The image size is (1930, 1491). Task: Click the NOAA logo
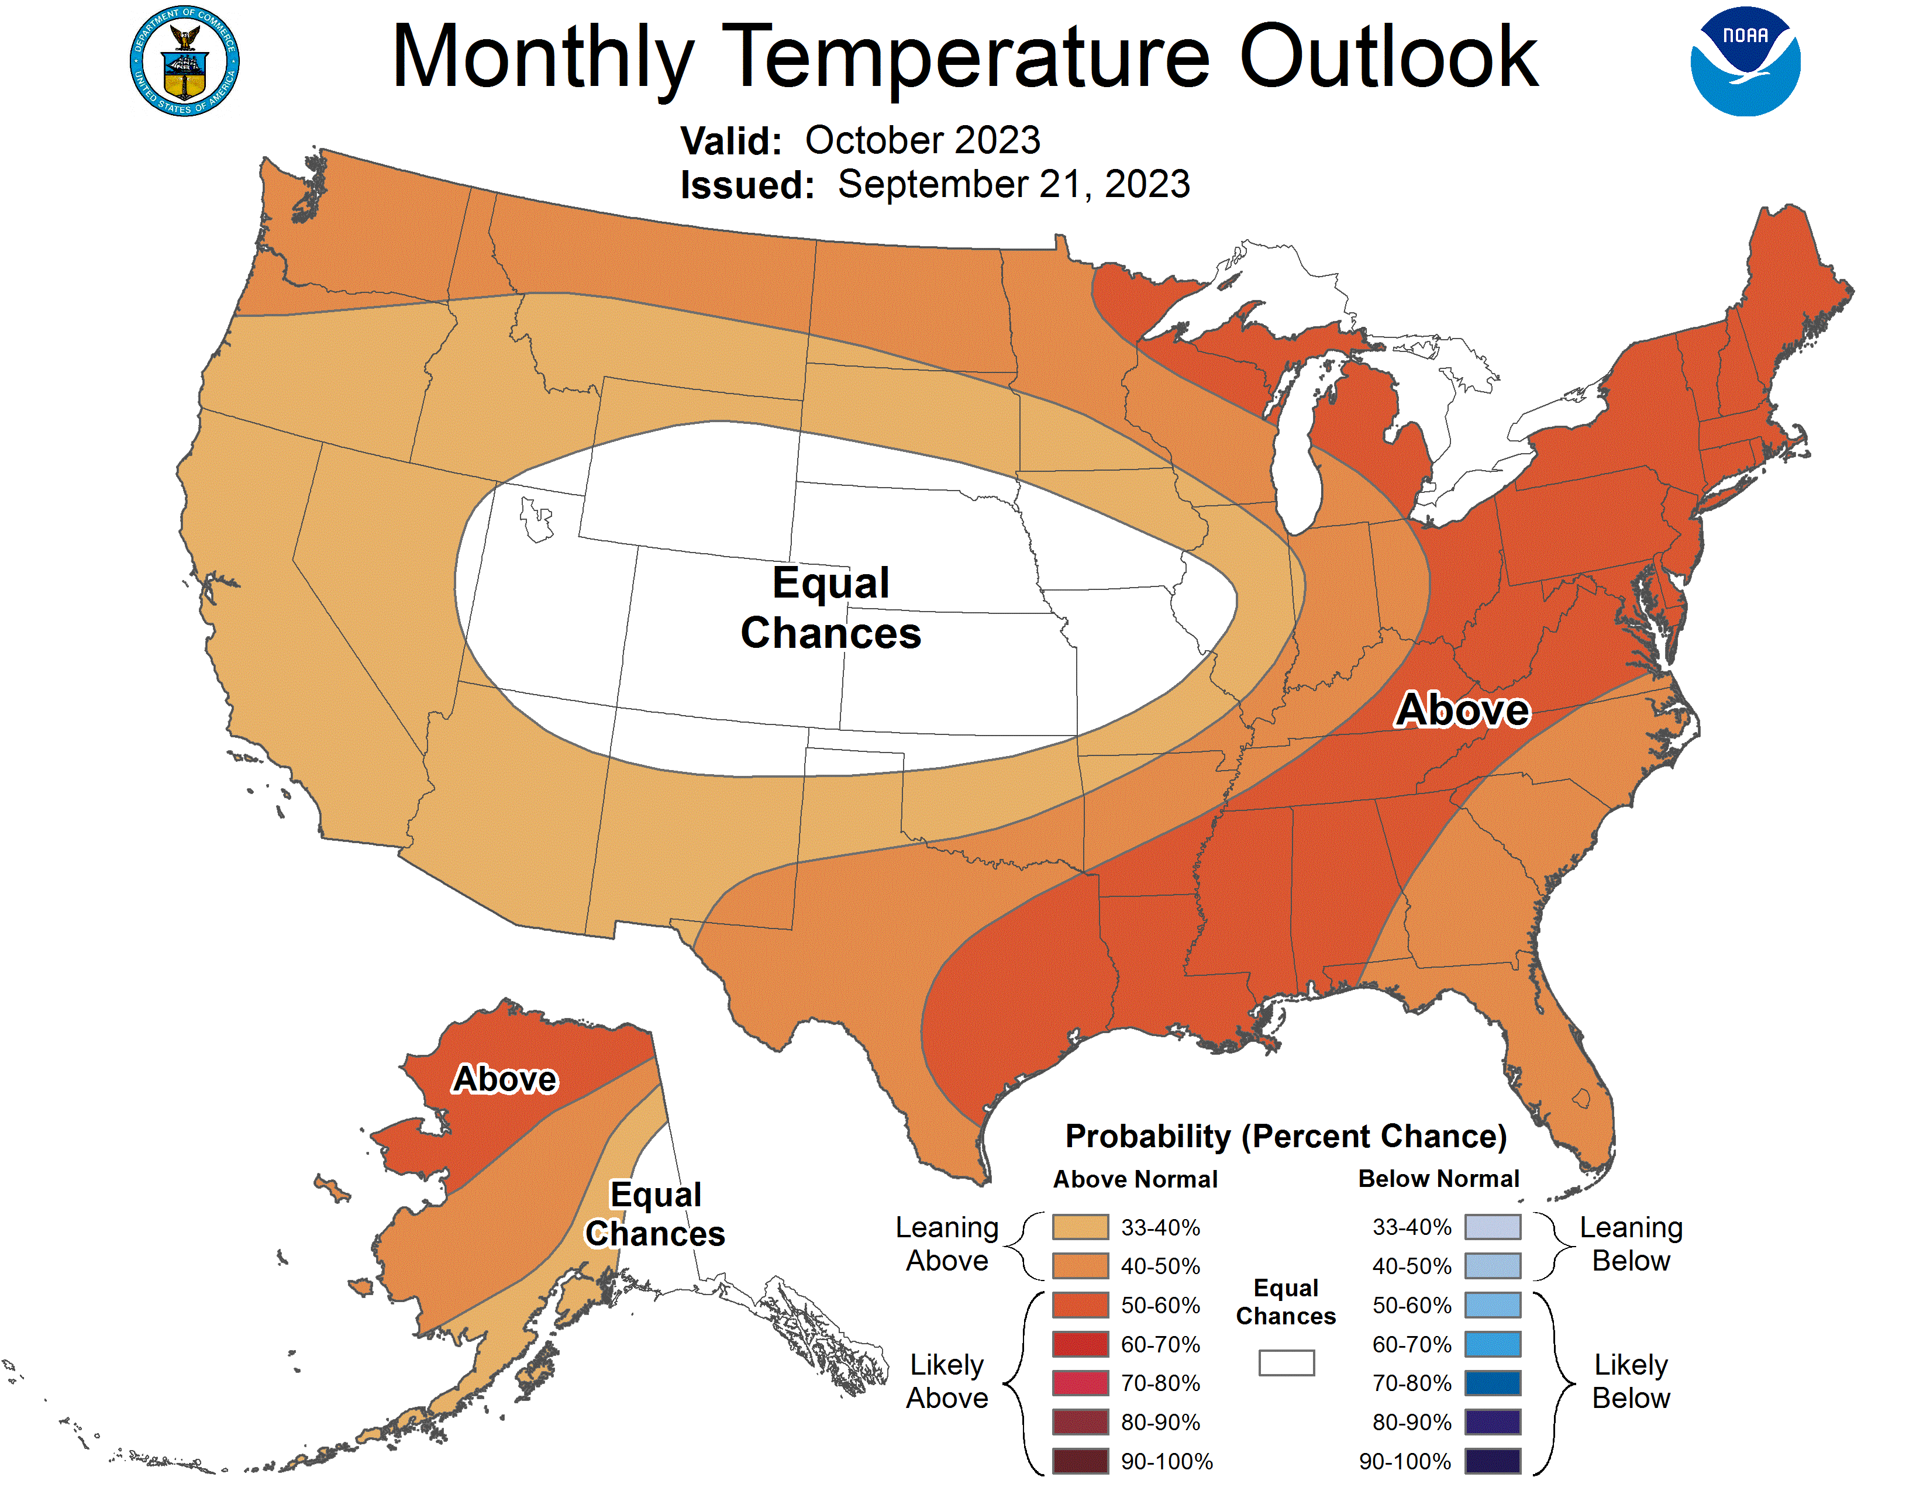tap(1745, 62)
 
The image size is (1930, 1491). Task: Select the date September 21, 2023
tap(1014, 185)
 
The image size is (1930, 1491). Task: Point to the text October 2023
tap(922, 140)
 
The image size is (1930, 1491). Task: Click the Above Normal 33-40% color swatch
tap(1080, 1227)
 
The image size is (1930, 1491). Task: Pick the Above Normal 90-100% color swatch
tap(1080, 1461)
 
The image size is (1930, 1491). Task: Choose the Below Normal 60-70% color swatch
tap(1493, 1344)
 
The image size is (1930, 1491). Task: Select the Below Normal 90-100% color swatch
tap(1493, 1461)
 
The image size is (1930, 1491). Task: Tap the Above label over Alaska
tap(505, 1079)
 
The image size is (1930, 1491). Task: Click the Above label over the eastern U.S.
tap(1463, 710)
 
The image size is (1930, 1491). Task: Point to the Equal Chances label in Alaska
tap(655, 1214)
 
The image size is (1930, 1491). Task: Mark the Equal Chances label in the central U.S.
tap(830, 608)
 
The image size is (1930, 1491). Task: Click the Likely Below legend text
tap(1631, 1382)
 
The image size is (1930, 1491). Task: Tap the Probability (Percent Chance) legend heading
tap(1285, 1136)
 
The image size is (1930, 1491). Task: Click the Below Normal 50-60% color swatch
tap(1493, 1304)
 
